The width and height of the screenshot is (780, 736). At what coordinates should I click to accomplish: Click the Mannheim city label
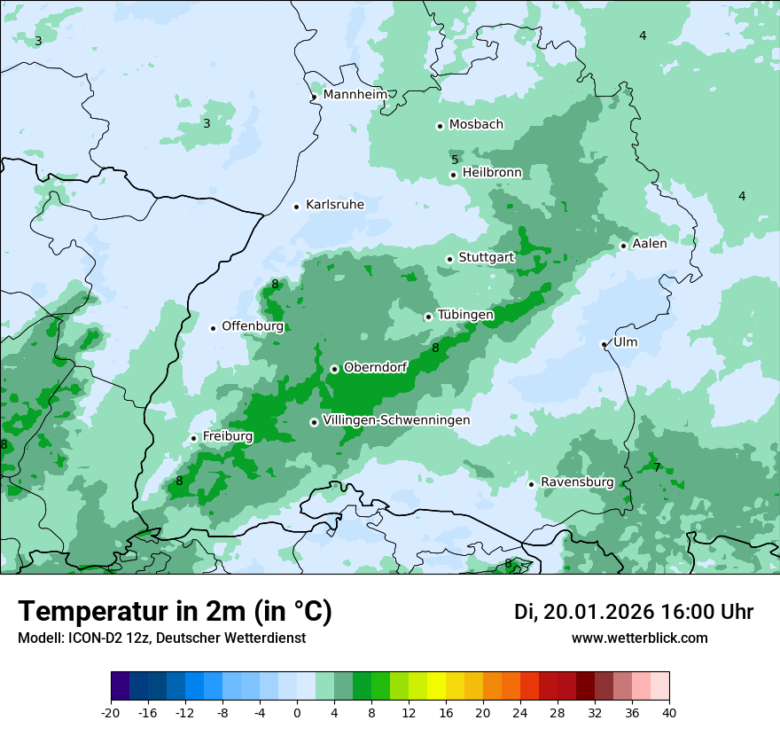coord(355,95)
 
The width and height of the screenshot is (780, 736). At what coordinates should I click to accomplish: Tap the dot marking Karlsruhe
coord(297,207)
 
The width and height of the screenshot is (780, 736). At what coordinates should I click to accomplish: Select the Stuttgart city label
coord(487,258)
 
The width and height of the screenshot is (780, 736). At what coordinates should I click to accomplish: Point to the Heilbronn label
coord(492,173)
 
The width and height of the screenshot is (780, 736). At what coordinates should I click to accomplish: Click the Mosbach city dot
coord(440,126)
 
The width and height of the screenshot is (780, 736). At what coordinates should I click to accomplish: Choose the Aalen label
coord(650,244)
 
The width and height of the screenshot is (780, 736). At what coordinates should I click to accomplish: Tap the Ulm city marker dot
coord(604,344)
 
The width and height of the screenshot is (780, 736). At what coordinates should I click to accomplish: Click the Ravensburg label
coord(577,482)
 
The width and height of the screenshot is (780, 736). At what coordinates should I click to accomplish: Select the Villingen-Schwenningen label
coord(396,420)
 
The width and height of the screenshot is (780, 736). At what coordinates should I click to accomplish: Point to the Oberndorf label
coord(375,367)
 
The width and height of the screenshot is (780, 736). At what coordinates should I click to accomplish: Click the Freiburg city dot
coord(193,438)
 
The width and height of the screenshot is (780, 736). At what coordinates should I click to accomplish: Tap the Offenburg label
coord(253,326)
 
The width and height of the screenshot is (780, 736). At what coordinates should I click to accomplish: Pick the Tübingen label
coord(465,315)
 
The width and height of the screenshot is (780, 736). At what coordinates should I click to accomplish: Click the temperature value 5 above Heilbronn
coord(455,160)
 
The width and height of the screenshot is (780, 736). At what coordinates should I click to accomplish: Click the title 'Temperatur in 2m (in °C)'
coord(175,612)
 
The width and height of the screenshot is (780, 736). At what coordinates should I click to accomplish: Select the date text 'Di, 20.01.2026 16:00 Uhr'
coord(634,612)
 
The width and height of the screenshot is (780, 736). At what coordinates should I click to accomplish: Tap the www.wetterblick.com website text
coord(640,638)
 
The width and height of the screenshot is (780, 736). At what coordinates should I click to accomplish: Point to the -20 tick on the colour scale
coord(111,712)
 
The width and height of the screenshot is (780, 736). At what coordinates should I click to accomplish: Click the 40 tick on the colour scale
coord(669,712)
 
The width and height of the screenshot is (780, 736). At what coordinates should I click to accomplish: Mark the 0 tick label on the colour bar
coord(297,712)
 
